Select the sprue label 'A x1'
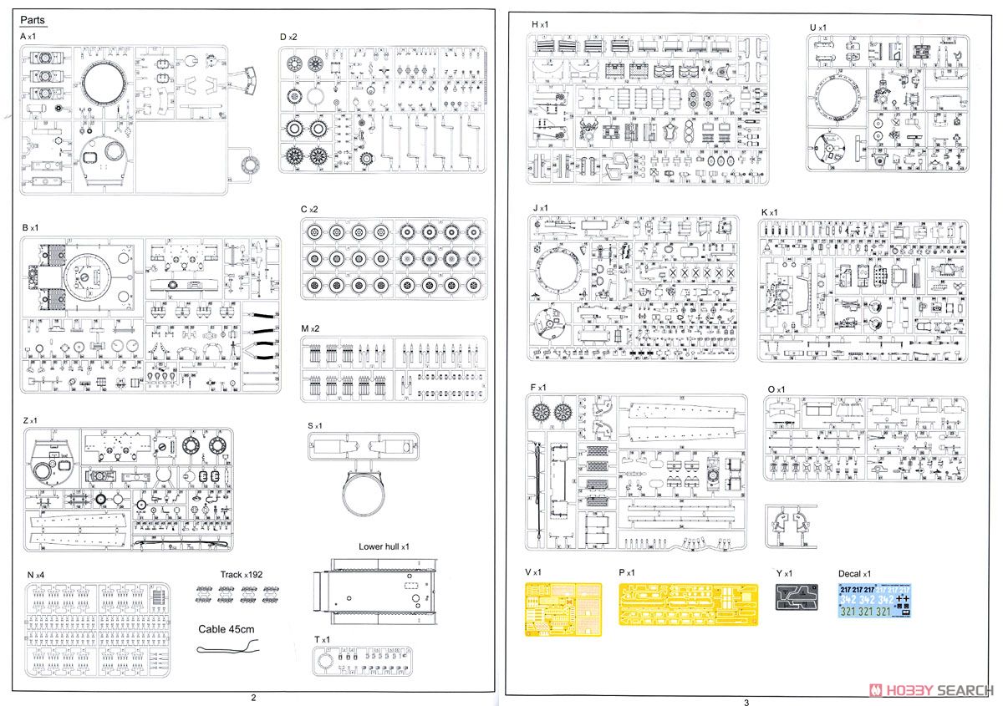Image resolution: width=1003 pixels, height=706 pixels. [28, 37]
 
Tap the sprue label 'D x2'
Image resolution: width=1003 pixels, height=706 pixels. [288, 37]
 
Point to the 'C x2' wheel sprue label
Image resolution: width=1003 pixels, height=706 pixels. [309, 209]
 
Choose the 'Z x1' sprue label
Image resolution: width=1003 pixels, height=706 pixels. [32, 419]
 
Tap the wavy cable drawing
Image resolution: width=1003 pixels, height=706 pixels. [227, 648]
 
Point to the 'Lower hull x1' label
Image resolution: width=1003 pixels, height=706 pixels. [384, 546]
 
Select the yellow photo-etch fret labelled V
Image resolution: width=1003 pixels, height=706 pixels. [563, 609]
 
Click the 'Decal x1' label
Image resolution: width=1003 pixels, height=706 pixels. [854, 574]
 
